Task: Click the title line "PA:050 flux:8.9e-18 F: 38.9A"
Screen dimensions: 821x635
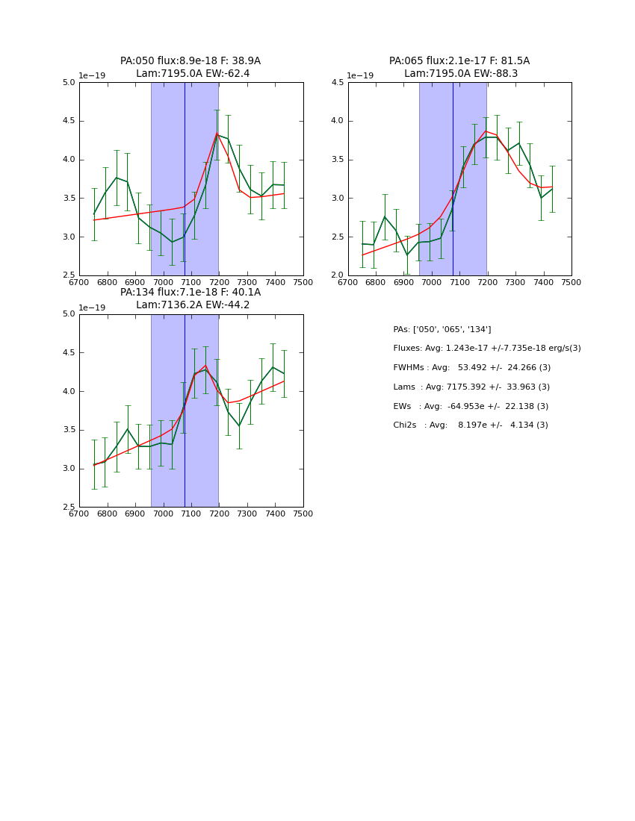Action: pyautogui.click(x=190, y=61)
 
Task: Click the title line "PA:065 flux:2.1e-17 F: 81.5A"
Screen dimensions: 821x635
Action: pyautogui.click(x=459, y=61)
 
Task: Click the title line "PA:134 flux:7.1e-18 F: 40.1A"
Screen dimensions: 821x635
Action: pyautogui.click(x=190, y=293)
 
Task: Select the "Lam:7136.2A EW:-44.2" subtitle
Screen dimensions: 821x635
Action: pyautogui.click(x=193, y=305)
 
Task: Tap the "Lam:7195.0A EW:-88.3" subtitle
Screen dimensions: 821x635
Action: pyautogui.click(x=461, y=74)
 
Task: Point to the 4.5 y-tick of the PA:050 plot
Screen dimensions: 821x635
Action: pyautogui.click(x=68, y=121)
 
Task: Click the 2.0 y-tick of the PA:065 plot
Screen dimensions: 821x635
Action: pyautogui.click(x=337, y=275)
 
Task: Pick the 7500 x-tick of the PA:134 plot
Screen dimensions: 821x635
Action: pyautogui.click(x=303, y=513)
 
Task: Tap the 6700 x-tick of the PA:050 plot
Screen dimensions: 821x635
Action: pyautogui.click(x=79, y=282)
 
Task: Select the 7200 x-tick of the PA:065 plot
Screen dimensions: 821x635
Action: pyautogui.click(x=488, y=282)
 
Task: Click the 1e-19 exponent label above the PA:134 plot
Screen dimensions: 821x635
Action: pyautogui.click(x=93, y=308)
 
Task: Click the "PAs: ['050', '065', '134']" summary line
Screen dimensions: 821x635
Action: pyautogui.click(x=442, y=330)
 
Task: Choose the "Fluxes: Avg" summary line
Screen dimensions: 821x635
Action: pyautogui.click(x=486, y=349)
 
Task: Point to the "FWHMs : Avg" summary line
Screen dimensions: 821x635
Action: pyautogui.click(x=471, y=368)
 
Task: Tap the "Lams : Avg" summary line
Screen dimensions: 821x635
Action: pyautogui.click(x=471, y=387)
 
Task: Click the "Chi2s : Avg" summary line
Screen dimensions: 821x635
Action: pyautogui.click(x=471, y=425)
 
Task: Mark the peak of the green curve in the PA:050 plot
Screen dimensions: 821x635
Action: pyautogui.click(x=217, y=134)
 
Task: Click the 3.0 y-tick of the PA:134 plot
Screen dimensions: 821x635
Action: pyautogui.click(x=68, y=469)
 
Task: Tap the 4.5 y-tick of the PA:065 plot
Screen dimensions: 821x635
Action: pyautogui.click(x=337, y=83)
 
